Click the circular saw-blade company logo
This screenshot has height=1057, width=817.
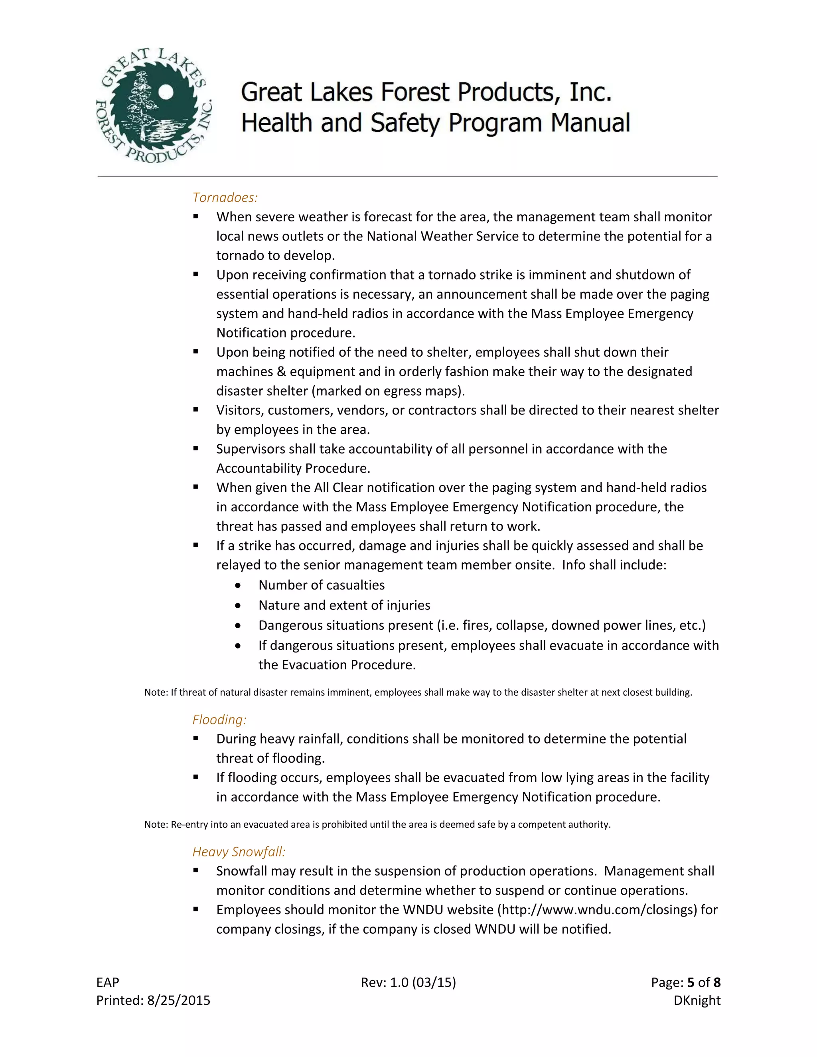tap(154, 106)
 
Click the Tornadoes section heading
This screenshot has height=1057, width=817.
tap(225, 197)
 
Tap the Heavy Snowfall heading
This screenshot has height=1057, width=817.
tap(239, 852)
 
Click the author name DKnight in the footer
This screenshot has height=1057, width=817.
tap(697, 1000)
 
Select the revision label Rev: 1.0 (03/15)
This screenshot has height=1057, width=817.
tap(408, 982)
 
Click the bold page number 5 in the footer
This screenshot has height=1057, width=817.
tap(691, 982)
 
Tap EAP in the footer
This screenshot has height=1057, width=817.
tap(107, 982)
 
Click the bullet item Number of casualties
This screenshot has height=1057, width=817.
tap(322, 585)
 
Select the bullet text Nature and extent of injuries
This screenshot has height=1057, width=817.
tap(344, 605)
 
